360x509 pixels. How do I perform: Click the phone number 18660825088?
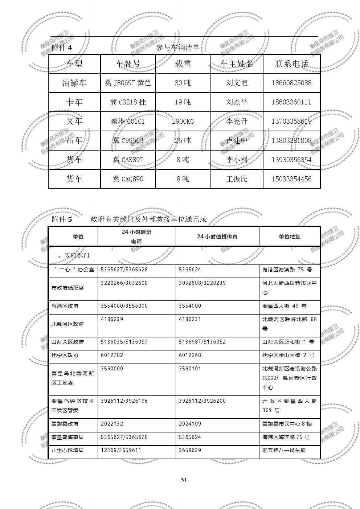[291, 83]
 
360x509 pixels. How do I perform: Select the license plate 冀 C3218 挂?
[128, 102]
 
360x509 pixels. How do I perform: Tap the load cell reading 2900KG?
[183, 121]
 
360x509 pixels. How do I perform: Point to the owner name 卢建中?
[237, 140]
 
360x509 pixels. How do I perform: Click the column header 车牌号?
[128, 64]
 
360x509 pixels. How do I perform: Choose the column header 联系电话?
[291, 64]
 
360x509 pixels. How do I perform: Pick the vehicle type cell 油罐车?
[74, 83]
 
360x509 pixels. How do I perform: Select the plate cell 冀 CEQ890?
[128, 179]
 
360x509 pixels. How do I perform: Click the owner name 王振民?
[237, 179]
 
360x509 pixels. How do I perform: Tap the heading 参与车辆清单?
[178, 48]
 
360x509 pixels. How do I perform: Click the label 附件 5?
[62, 219]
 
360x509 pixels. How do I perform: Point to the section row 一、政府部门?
[70, 255]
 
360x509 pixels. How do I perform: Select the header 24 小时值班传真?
[217, 237]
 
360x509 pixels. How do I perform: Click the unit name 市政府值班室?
[67, 288]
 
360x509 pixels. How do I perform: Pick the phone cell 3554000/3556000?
[124, 306]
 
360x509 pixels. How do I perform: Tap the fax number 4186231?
[190, 319]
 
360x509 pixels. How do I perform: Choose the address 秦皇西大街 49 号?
[285, 306]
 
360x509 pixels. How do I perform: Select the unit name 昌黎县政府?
[65, 424]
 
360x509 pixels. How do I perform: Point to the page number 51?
[184, 480]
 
